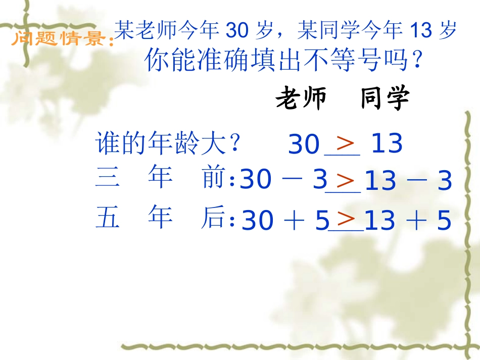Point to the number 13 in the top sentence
tap(421, 32)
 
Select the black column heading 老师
tap(301, 99)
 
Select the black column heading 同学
tap(385, 99)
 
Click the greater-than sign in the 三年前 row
tap(346, 180)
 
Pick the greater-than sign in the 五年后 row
tap(347, 219)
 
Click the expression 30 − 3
tap(284, 180)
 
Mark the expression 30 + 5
tap(286, 221)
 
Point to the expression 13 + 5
tap(407, 221)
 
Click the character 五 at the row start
tap(107, 218)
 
